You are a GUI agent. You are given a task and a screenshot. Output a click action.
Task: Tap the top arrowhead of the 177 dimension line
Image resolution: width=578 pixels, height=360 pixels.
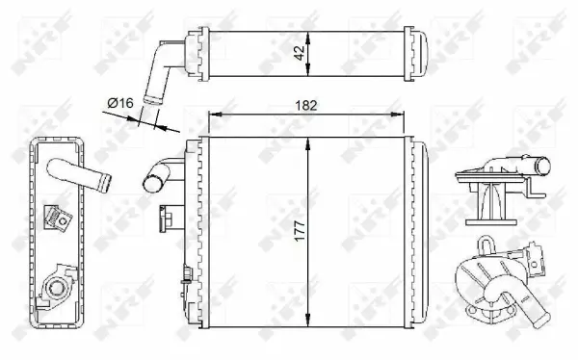click(307, 141)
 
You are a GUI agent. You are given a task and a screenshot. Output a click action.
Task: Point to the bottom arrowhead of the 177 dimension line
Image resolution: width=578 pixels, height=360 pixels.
click(307, 325)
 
